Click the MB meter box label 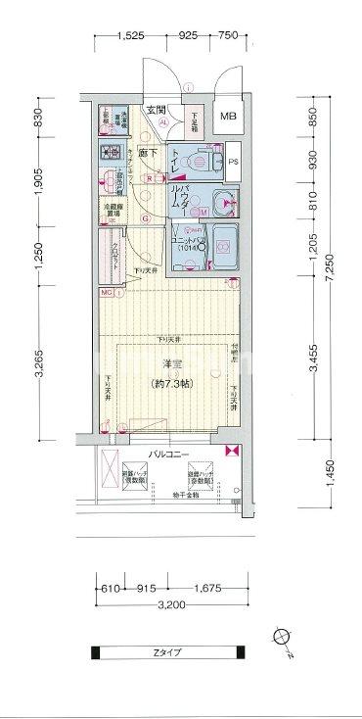click(228, 118)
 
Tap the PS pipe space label click(233, 160)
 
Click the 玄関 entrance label click(157, 110)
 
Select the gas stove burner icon click(109, 154)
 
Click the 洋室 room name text click(170, 365)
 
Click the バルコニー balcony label click(168, 454)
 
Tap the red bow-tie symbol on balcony click(232, 452)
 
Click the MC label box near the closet click(105, 292)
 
